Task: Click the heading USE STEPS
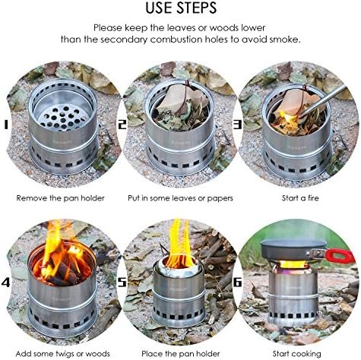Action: click(181, 8)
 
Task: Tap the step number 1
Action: click(5, 125)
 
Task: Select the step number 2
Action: click(122, 125)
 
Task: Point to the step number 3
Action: click(237, 125)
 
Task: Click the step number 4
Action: click(5, 282)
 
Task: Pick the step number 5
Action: click(122, 282)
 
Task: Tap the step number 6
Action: click(237, 282)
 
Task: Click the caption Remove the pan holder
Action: click(60, 198)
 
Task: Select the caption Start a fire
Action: click(300, 198)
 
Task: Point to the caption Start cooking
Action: click(296, 354)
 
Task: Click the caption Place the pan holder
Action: click(180, 354)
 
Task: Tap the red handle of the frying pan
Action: click(340, 256)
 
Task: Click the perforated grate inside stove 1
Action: click(62, 118)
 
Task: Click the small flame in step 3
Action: click(290, 118)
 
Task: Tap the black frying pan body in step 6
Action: click(293, 249)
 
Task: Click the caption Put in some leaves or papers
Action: click(180, 198)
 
